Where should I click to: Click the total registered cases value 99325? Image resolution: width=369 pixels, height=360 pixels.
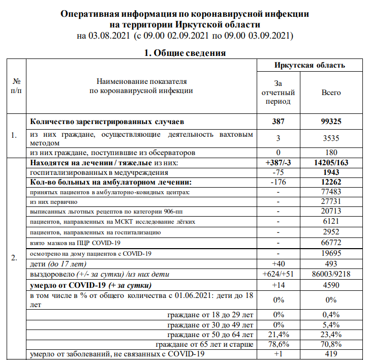(331, 122)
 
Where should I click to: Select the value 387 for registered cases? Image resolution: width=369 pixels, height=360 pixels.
(278, 122)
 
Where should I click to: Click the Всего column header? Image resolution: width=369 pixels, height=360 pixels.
(331, 93)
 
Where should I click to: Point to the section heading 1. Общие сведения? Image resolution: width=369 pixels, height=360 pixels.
(184, 53)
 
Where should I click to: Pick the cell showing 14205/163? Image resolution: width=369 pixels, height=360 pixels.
(331, 163)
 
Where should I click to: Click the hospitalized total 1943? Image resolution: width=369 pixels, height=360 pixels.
(331, 172)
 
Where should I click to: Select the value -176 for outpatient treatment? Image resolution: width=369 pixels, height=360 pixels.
(278, 182)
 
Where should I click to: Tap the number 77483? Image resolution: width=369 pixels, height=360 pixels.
(331, 192)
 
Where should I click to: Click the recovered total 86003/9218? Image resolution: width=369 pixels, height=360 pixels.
(331, 274)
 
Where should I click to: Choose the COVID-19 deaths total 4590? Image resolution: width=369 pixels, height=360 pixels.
(331, 285)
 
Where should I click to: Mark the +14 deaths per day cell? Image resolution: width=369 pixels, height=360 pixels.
(278, 285)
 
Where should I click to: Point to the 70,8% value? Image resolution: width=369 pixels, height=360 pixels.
(331, 345)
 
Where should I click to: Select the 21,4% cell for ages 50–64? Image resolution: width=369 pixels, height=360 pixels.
(278, 335)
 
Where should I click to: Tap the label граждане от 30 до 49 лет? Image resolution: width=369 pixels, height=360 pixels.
(210, 324)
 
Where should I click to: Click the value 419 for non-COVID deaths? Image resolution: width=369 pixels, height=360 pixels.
(331, 354)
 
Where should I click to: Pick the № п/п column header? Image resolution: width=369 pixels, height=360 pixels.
(16, 85)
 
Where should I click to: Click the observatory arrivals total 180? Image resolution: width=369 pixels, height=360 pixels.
(331, 153)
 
